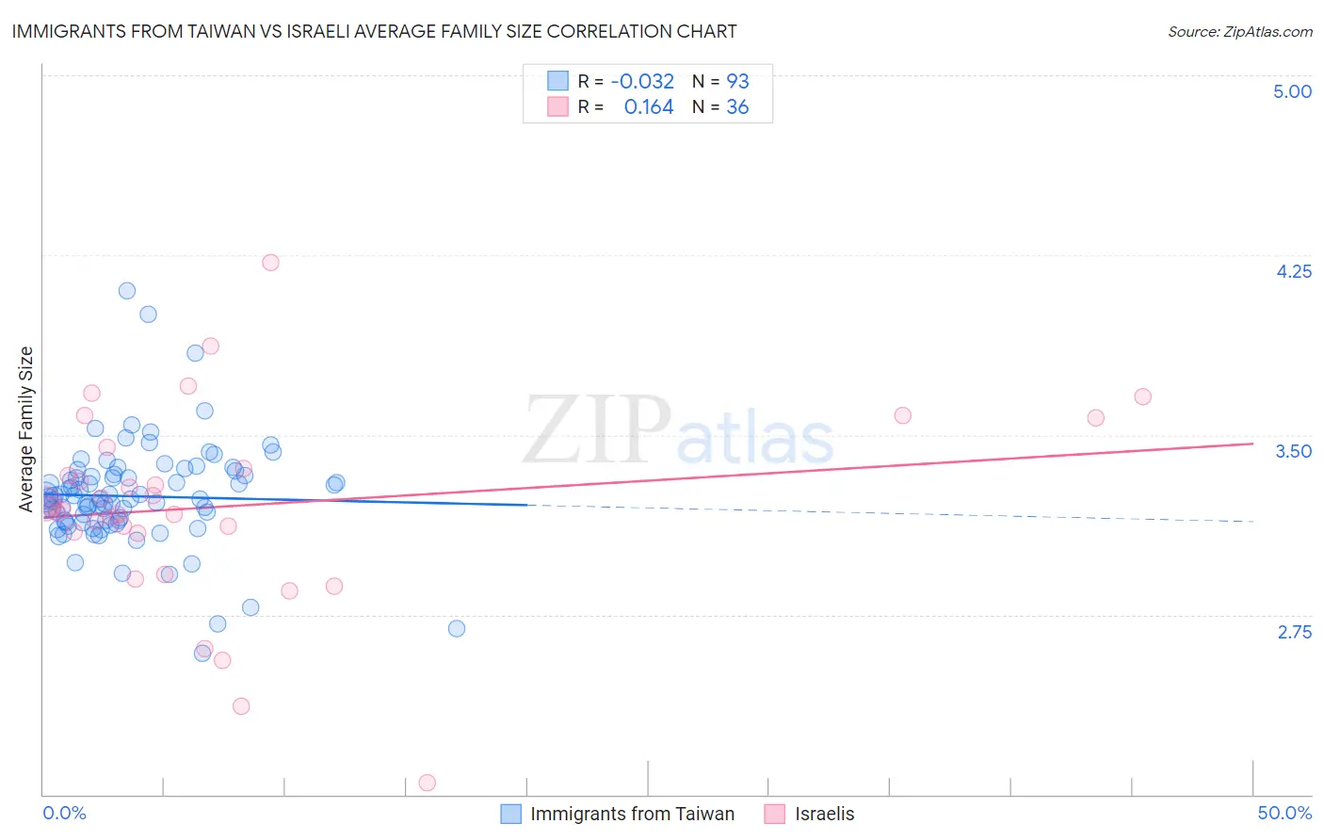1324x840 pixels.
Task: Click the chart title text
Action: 374,31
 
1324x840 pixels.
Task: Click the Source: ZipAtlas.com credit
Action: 1239,31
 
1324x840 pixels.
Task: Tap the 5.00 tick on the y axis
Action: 1292,91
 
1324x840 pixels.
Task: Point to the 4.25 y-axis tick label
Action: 1293,271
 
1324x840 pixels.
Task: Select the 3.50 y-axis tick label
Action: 1293,451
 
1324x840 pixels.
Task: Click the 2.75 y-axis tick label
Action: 1294,632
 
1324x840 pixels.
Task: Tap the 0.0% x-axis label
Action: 65,813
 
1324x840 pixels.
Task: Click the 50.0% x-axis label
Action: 1284,813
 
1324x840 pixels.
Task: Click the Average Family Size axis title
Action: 26,429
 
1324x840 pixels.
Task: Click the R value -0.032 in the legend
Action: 642,81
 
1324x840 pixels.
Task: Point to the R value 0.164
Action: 649,107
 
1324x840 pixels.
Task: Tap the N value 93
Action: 737,81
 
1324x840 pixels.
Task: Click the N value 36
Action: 737,107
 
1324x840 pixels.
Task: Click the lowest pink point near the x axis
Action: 427,783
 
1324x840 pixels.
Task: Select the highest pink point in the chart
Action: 270,263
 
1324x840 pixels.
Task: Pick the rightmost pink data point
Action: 1142,396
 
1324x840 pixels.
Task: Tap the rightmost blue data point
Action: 457,628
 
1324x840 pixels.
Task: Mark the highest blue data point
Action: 127,291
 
